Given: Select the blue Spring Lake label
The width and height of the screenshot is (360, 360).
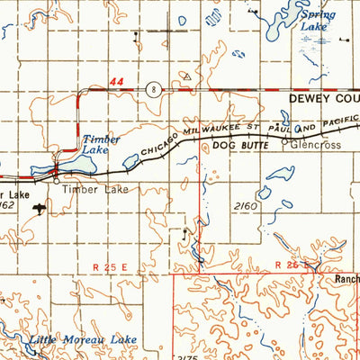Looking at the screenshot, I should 317,21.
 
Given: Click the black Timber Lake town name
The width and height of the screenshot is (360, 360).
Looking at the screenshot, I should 95,190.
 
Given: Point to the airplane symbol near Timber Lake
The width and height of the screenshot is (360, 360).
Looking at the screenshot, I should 40,208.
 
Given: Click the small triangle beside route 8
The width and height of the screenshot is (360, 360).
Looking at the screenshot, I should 186,77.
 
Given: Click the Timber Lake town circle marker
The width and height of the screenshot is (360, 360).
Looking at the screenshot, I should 56,180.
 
